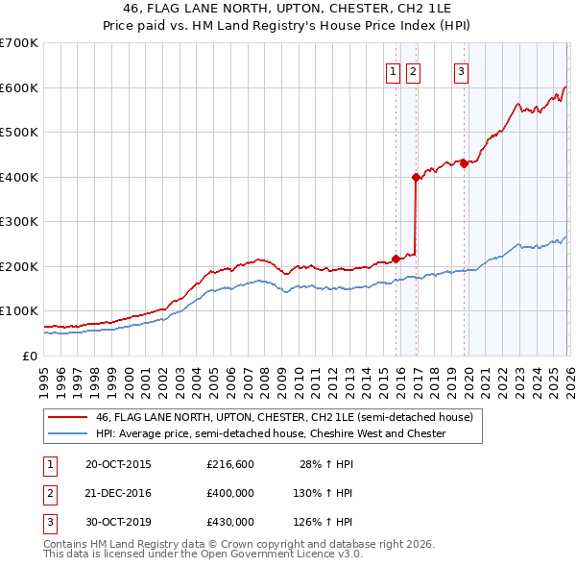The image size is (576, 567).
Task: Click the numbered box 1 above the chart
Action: click(394, 70)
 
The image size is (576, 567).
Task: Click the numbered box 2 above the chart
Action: click(413, 70)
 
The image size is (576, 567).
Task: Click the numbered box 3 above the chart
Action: click(461, 70)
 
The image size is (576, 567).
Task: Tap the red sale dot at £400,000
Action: click(416, 177)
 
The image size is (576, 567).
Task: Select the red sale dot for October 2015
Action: click(396, 259)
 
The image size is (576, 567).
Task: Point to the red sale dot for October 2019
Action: click(464, 163)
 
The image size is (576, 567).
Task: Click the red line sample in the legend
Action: click(67, 418)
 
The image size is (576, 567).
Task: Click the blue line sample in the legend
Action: click(67, 434)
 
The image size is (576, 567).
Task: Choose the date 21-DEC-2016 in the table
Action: click(118, 493)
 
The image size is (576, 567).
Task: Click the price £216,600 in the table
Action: click(230, 464)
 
